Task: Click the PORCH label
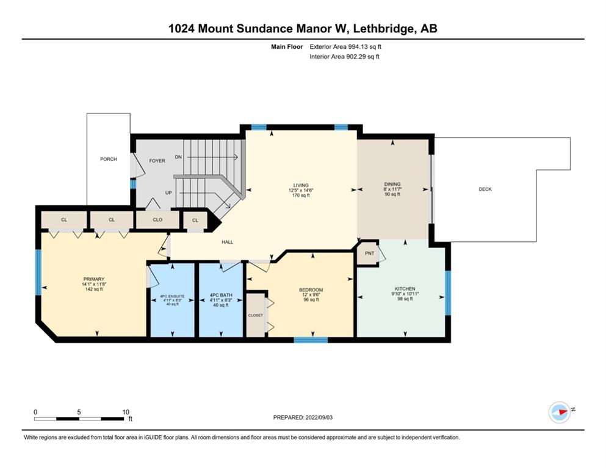(x=108, y=159)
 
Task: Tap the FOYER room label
(x=157, y=161)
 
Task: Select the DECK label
(x=485, y=189)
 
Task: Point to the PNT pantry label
(x=369, y=253)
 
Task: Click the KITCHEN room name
(x=405, y=289)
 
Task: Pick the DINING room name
(x=392, y=184)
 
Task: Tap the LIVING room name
(x=301, y=185)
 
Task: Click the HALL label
(x=227, y=242)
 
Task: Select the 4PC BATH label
(x=221, y=295)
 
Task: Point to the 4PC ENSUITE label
(x=172, y=296)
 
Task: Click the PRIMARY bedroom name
(x=94, y=279)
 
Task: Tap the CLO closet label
(x=157, y=219)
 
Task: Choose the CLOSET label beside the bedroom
(x=256, y=315)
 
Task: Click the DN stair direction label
(x=178, y=157)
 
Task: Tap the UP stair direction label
(x=168, y=193)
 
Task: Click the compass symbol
(x=560, y=412)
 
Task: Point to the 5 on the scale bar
(x=79, y=412)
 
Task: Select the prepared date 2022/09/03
(x=319, y=417)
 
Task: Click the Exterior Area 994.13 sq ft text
(x=345, y=47)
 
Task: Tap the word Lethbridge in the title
(x=383, y=29)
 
